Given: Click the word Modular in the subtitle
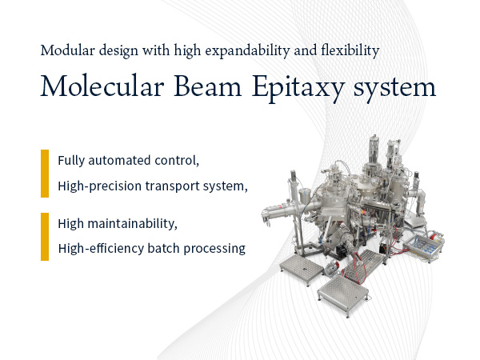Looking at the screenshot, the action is (68, 50).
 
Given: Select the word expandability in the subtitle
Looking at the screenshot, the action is (247, 51).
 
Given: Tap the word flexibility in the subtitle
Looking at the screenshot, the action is (350, 51).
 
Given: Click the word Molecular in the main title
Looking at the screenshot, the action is (102, 86).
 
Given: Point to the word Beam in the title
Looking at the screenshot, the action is (208, 86).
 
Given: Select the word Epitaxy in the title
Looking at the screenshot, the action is (298, 88).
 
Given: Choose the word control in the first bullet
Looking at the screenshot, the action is (177, 161).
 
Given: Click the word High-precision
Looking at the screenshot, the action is (99, 186).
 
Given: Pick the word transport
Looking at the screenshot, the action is (172, 186).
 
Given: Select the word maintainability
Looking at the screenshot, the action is (132, 223).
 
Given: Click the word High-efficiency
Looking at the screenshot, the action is (101, 248).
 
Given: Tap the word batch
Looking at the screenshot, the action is (163, 248).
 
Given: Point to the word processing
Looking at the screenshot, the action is (214, 249).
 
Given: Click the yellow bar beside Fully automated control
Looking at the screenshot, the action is (45, 174).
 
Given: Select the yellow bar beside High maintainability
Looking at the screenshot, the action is (45, 237).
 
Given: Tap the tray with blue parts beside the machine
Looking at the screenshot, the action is (423, 248).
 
